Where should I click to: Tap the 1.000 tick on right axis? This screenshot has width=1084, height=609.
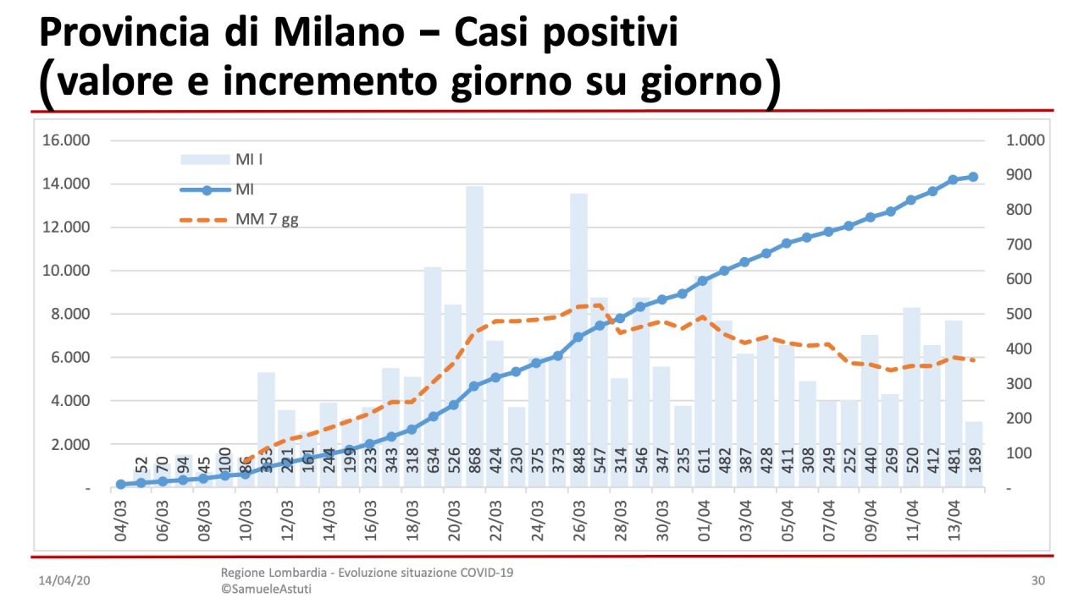pyautogui.click(x=1026, y=140)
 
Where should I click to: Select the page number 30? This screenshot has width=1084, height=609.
pyautogui.click(x=1038, y=581)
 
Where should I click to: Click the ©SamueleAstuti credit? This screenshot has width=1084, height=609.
pyautogui.click(x=266, y=589)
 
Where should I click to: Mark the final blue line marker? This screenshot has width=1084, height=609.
pyautogui.click(x=974, y=177)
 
